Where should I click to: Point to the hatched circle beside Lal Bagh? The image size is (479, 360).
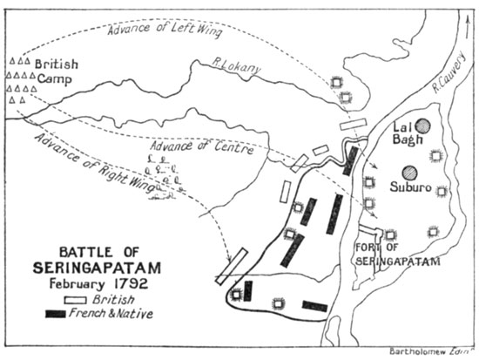pyautogui.click(x=424, y=126)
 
